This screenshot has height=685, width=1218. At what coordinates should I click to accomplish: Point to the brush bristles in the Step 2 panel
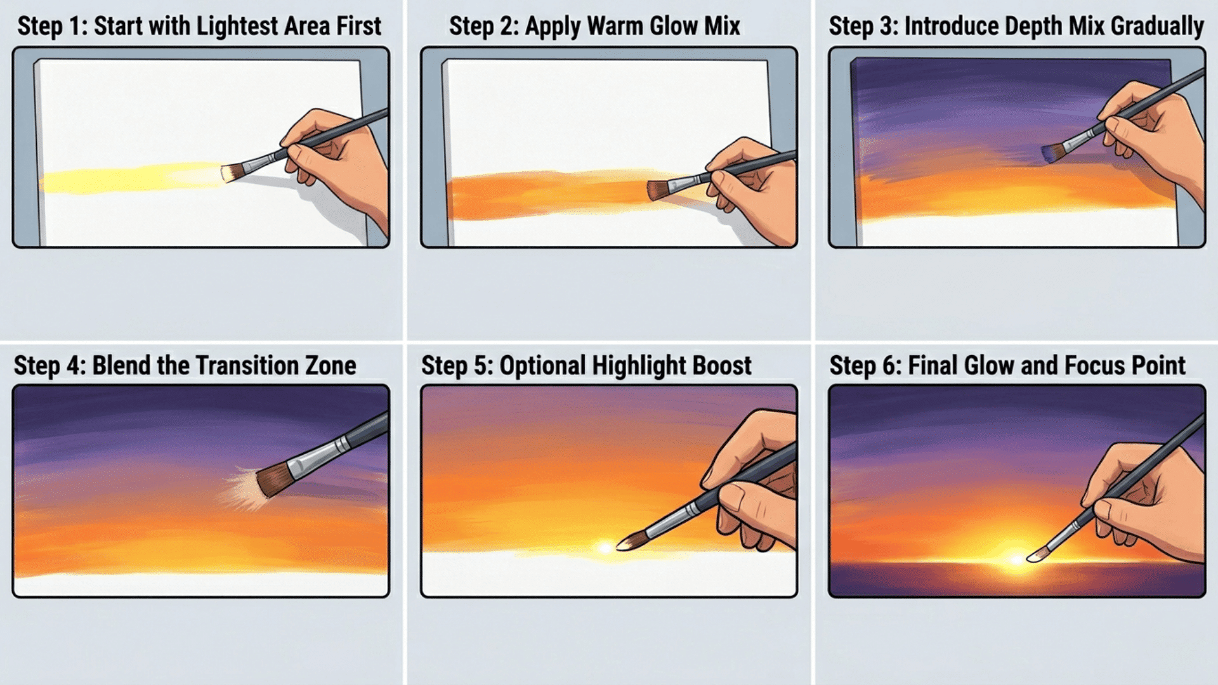pyautogui.click(x=657, y=189)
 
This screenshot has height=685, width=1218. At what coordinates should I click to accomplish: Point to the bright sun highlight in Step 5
pyautogui.click(x=604, y=547)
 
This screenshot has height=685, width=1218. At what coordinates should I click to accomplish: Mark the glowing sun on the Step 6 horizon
pyautogui.click(x=1015, y=559)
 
